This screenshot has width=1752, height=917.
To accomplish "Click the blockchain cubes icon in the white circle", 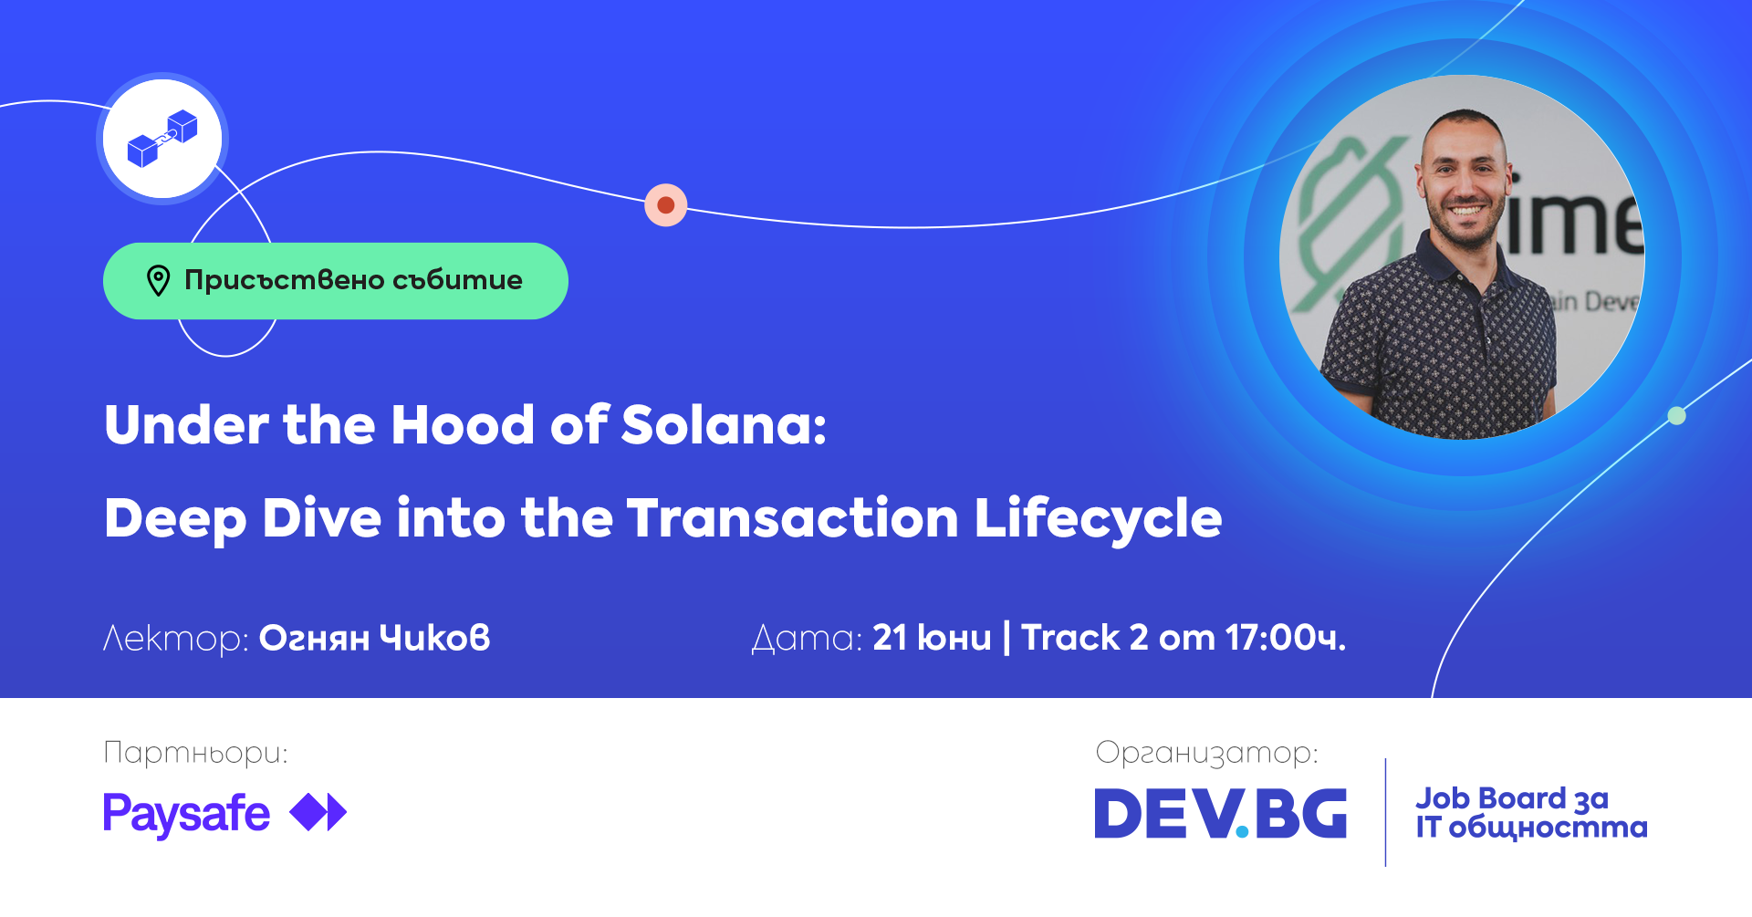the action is (x=162, y=139).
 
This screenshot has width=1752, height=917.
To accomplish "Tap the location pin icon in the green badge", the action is (x=159, y=281).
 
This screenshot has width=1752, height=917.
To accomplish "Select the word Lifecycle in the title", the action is (x=1099, y=519).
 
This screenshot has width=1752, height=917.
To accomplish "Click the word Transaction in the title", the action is (x=793, y=519).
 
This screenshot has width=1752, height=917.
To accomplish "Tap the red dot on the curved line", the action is (x=666, y=205).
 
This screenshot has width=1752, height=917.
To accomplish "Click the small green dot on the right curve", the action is (x=1676, y=416).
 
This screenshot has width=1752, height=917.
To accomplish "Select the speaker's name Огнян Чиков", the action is (x=375, y=638).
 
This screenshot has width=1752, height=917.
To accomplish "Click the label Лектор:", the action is (x=175, y=639).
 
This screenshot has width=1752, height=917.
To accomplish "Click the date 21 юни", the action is (x=932, y=638).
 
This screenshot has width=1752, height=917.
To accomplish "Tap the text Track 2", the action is (x=1085, y=638).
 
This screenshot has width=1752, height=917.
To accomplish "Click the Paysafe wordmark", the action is (x=186, y=814).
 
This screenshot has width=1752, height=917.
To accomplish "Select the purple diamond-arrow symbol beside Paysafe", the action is (x=318, y=812).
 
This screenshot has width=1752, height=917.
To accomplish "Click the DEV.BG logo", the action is (x=1221, y=813).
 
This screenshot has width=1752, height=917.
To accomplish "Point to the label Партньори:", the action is (x=195, y=754).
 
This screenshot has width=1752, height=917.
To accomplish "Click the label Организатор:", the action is (x=1206, y=754).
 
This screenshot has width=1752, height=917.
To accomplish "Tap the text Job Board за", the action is (x=1512, y=799).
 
